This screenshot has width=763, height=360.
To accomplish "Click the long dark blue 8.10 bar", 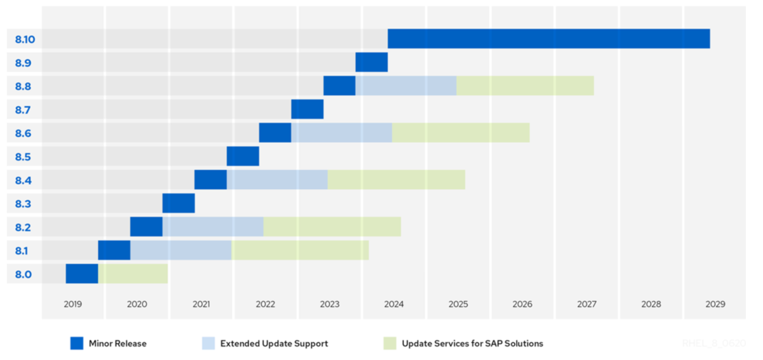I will point(548,39).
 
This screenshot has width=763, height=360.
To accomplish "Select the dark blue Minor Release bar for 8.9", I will point(371,62).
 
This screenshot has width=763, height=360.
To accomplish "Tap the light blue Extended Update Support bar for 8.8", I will point(405,86).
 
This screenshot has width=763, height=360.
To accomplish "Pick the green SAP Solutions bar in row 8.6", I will point(461,132).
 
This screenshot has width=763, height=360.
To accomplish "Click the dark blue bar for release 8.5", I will point(243,156).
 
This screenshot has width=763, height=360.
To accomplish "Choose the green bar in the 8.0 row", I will point(133,274).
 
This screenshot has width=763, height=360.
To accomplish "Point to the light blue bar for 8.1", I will point(181,250).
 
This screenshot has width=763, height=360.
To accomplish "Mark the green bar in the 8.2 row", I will point(332,227).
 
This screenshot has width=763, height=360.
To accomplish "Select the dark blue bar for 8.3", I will point(178,203).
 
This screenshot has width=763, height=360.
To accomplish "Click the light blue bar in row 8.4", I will point(277,179).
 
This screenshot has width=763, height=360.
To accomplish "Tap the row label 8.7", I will point(23,110).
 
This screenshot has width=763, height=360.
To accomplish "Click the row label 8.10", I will point(25,39).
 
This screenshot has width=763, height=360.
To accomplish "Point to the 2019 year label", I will point(73,304).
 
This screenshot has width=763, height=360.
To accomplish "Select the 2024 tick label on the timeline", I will point(394,304).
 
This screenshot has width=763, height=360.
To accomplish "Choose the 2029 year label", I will point(715,304).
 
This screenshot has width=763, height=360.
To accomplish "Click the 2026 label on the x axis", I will point(522,304).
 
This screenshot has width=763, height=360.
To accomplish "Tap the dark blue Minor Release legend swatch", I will point(77,343).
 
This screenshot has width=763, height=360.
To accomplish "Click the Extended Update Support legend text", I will point(274,344).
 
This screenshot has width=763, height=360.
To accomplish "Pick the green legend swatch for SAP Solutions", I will point(390,343).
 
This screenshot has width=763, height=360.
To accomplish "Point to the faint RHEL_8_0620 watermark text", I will point(713,343).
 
